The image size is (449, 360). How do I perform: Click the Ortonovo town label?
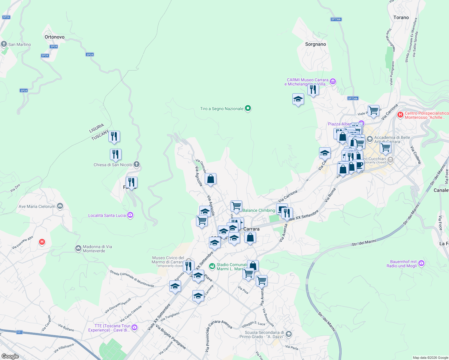[x=54, y=37]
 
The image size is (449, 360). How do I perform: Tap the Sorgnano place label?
[x=315, y=44]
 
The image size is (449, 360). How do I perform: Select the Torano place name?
[x=401, y=17]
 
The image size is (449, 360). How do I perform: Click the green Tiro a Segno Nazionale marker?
[x=248, y=108]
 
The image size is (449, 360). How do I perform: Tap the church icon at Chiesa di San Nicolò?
[x=137, y=164]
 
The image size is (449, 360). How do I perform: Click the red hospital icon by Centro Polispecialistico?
[x=400, y=115]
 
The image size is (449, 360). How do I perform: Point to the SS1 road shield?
[x=20, y=332]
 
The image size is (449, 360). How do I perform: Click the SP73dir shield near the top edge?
[x=336, y=19]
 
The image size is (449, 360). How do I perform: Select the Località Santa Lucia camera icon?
[x=130, y=215]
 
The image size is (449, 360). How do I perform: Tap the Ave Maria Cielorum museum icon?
[x=60, y=206]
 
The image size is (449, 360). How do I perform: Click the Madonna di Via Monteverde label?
[x=97, y=249]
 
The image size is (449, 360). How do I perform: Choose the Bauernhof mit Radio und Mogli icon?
[x=421, y=263]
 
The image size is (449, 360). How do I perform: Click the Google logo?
[x=10, y=356]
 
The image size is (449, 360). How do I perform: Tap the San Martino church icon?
[x=4, y=44]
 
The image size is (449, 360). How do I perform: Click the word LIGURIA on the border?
[x=97, y=128]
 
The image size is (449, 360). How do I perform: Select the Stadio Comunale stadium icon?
[x=212, y=266]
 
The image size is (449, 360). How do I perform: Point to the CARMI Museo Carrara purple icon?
[x=333, y=81]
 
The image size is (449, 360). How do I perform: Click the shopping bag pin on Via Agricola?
[x=211, y=179]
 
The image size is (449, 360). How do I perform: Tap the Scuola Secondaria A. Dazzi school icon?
[x=288, y=334]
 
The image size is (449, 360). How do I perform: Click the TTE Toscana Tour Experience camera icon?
[x=134, y=327]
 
